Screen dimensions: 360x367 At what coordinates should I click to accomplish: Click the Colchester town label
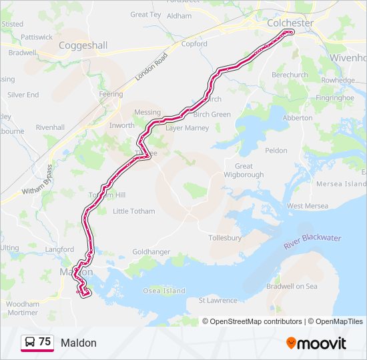[x=290, y=23]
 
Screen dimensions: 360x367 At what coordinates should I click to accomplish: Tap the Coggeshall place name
[x=83, y=45]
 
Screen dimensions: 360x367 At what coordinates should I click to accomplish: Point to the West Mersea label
[x=308, y=206]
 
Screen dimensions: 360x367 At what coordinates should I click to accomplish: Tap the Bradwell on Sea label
[x=292, y=286]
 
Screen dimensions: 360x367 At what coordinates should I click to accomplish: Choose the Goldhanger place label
[x=151, y=252]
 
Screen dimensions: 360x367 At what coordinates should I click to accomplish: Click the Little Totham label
[x=133, y=211]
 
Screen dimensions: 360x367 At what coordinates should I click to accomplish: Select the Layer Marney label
[x=188, y=127]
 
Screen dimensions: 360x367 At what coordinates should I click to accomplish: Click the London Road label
[x=151, y=67]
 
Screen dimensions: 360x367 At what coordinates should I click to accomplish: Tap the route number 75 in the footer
[x=45, y=342]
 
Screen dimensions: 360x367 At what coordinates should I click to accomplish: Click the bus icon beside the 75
[x=30, y=343]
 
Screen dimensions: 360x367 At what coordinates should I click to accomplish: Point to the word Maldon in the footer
[x=79, y=343]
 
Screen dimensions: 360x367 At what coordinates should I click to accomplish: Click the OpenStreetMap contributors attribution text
[x=256, y=321]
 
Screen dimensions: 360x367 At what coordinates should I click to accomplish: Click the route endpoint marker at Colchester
[x=289, y=32]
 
